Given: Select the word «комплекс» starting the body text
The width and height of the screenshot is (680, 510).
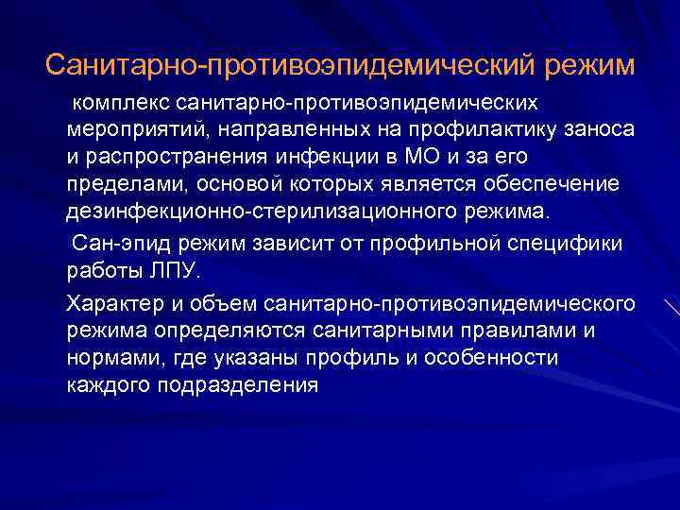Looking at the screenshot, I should tap(111, 101).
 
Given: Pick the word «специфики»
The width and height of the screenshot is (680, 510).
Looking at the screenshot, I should tap(569, 244).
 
